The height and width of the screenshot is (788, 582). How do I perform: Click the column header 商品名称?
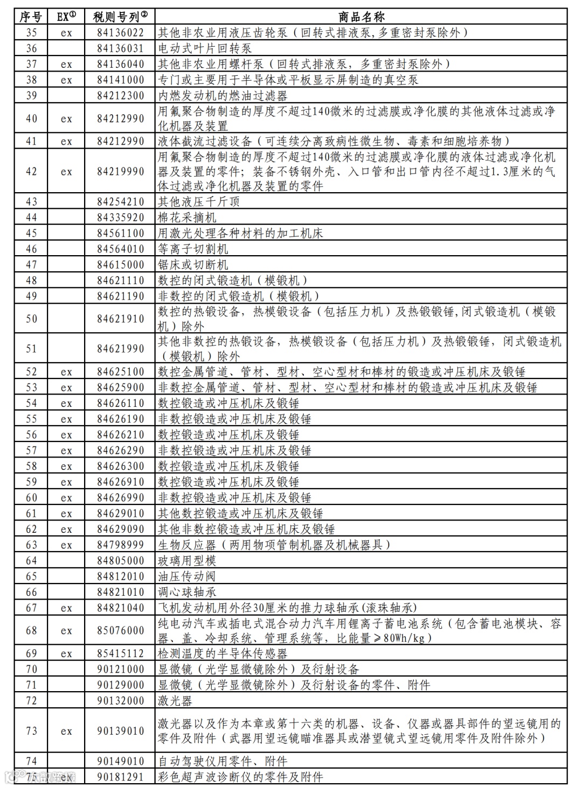click(361, 17)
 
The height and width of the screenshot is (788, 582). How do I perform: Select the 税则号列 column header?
click(120, 17)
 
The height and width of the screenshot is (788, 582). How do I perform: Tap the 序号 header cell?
click(31, 17)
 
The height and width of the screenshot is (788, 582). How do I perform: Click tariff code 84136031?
click(120, 48)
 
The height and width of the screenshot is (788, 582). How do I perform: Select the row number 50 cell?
click(31, 319)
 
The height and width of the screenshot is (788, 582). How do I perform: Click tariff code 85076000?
click(120, 630)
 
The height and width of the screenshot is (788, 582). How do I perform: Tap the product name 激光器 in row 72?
click(175, 701)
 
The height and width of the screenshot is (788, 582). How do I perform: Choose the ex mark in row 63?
click(66, 545)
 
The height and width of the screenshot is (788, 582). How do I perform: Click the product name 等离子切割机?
click(193, 249)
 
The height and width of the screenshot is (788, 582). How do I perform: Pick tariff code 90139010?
click(120, 731)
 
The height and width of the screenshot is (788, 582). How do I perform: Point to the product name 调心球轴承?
click(187, 592)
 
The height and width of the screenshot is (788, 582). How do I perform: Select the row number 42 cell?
click(31, 172)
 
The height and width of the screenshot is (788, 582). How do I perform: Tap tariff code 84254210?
click(120, 202)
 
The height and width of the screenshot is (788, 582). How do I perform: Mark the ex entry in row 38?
click(66, 80)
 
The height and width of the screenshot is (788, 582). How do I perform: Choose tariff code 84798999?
click(120, 545)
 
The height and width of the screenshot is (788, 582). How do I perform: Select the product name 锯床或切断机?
click(193, 264)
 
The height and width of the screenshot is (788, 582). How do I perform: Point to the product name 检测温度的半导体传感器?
click(222, 653)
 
